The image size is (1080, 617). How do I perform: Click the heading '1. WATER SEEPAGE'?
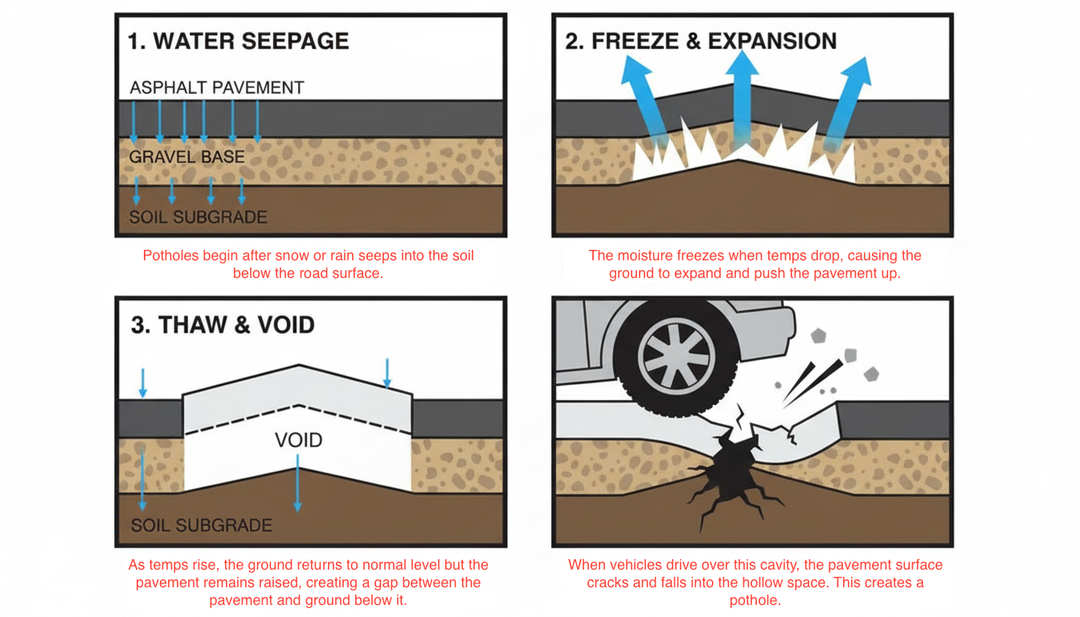pos(239,42)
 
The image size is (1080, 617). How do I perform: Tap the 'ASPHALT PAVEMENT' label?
pos(217,88)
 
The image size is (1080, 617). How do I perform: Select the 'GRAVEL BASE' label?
pos(187,157)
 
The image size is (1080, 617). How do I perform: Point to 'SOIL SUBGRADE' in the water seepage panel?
pos(198,217)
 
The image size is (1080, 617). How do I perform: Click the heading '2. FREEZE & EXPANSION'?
pos(701,42)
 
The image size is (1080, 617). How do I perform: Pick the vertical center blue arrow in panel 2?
pos(742,96)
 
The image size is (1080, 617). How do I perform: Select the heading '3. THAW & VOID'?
pos(223,325)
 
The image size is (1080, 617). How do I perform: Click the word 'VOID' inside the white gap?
pos(298,440)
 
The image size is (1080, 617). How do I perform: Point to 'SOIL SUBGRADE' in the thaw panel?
pos(202,525)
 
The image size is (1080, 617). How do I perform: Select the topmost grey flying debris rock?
pos(819,335)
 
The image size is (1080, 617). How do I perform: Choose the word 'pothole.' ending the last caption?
pos(755,600)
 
